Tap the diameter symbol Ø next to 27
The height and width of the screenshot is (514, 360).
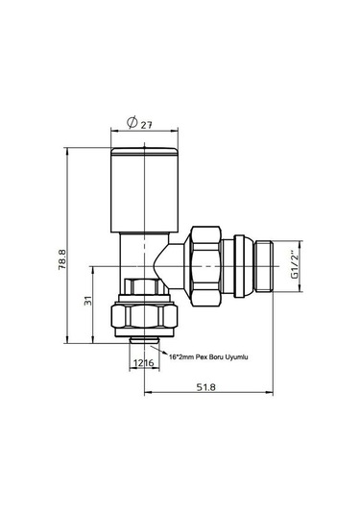coord(130,122)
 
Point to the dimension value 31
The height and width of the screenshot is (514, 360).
coord(86,303)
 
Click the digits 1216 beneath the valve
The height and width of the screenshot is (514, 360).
coord(143,362)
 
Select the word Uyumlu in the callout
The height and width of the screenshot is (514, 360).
coord(236,356)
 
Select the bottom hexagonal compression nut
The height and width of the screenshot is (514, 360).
coord(143,317)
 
